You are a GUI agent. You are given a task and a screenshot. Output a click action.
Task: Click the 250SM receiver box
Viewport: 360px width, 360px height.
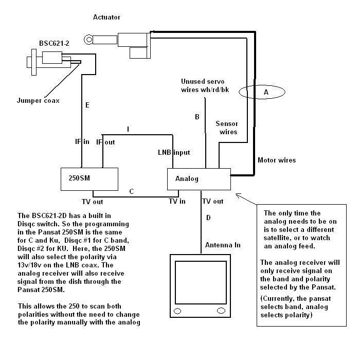(89, 179)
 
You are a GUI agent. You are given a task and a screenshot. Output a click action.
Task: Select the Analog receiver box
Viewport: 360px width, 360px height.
(199, 179)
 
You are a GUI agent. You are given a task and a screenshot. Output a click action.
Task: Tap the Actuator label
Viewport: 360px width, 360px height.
(106, 17)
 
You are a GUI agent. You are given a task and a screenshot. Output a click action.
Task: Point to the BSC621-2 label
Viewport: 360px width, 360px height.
(54, 43)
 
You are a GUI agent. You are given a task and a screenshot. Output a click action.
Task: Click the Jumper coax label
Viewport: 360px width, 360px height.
(38, 101)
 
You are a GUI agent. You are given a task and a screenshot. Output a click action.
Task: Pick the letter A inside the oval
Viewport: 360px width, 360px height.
(266, 92)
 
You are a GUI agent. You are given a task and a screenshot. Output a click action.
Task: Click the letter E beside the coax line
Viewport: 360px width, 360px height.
(87, 105)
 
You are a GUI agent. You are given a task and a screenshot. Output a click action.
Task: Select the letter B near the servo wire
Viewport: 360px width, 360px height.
(197, 117)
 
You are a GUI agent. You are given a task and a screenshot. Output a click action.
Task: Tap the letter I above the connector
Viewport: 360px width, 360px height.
(128, 129)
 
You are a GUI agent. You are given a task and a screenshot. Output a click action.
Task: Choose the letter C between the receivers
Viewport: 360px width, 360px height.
(132, 191)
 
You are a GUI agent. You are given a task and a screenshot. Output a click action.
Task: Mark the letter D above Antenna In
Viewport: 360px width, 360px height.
(208, 218)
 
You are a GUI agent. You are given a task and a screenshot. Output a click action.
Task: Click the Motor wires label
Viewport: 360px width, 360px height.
(277, 160)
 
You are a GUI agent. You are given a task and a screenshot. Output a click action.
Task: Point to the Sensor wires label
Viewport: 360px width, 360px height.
(227, 128)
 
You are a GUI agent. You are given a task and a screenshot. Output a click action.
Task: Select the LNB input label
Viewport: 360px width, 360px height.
(174, 152)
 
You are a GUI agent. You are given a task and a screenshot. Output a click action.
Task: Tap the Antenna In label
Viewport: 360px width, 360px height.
(223, 245)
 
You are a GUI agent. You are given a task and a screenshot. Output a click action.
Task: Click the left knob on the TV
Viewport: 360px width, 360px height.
(177, 311)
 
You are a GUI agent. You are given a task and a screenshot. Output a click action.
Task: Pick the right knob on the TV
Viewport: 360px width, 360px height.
(221, 311)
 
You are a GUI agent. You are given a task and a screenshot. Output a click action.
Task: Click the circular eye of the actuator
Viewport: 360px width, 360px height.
(88, 40)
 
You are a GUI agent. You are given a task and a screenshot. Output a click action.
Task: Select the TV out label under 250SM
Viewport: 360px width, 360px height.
(92, 202)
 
